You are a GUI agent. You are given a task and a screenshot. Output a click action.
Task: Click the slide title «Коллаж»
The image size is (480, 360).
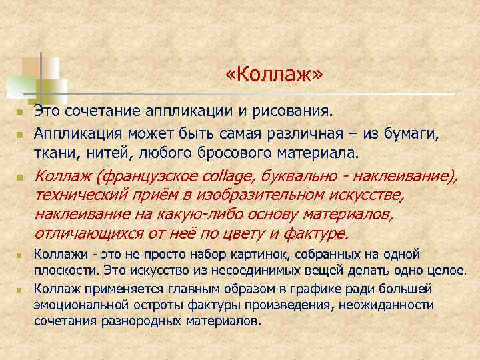(274, 75)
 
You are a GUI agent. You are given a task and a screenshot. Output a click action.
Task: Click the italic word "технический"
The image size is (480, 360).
(78, 196)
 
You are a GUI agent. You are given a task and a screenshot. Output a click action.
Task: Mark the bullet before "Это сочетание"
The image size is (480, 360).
(20, 110)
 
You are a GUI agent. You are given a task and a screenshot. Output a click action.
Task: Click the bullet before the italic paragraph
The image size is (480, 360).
(20, 179)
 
